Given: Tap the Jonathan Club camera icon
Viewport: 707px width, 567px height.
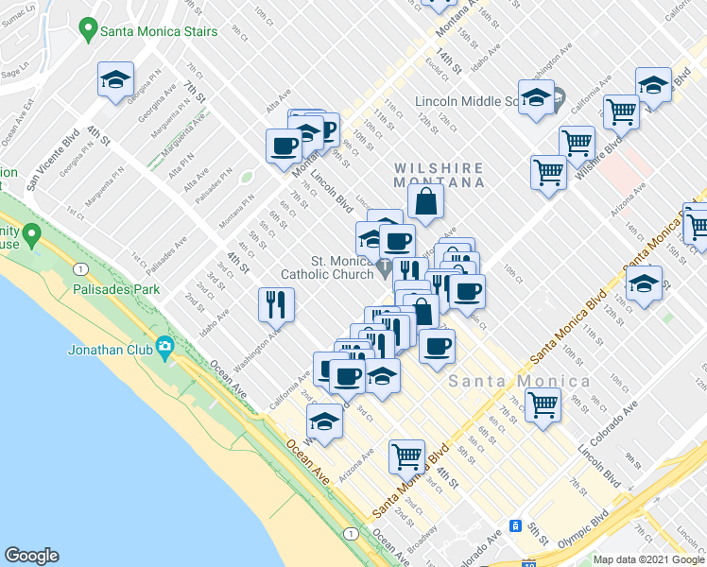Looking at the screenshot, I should coord(164,348).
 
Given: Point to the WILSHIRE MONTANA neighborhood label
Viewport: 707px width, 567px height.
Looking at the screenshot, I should coord(440,174).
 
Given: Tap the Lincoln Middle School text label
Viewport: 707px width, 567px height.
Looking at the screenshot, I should coord(468,101).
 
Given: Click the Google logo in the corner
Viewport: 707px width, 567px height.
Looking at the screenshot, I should coord(31,556).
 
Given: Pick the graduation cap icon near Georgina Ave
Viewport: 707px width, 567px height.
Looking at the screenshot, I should coord(115,79).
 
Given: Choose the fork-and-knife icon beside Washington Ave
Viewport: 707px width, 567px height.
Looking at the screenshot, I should coord(277,303).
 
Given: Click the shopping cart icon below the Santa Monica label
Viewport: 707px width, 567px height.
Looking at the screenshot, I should coord(543,404).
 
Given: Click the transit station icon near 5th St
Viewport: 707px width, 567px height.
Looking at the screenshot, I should coord(516,525).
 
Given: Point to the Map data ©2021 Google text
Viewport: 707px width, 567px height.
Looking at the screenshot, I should coord(648,559).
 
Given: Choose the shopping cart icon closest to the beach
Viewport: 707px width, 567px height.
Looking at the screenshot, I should coord(406,456).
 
